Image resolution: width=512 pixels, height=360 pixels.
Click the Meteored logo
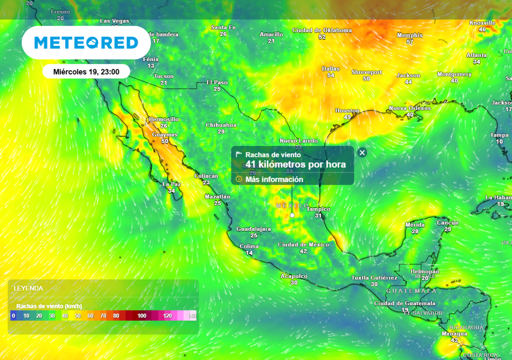(86, 43)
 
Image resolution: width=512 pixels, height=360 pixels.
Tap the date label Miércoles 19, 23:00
(86, 71)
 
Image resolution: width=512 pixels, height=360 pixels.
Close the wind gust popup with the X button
(362, 152)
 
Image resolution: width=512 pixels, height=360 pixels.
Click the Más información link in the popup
(274, 179)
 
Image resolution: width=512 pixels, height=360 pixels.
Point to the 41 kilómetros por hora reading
(295, 164)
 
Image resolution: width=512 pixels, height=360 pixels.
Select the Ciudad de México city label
(303, 244)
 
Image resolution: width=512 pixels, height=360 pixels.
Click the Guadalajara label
(253, 229)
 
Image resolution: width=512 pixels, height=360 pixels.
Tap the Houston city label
(347, 110)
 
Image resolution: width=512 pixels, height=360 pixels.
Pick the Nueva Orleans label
(409, 108)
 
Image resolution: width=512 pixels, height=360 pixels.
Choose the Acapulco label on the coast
(294, 276)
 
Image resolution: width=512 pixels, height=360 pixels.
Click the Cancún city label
(447, 222)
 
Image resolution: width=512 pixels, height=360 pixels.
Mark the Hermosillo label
(163, 119)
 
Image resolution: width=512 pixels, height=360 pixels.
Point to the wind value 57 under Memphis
(409, 42)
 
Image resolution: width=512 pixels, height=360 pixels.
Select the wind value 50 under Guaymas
(165, 141)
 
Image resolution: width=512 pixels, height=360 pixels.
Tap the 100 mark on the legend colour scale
(141, 315)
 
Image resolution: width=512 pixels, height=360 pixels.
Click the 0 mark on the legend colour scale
(13, 315)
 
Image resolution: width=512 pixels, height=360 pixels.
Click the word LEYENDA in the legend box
(28, 288)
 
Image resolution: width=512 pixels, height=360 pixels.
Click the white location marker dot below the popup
(292, 215)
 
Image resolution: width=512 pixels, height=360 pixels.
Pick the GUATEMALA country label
(412, 290)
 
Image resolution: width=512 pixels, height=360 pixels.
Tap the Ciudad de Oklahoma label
(321, 30)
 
